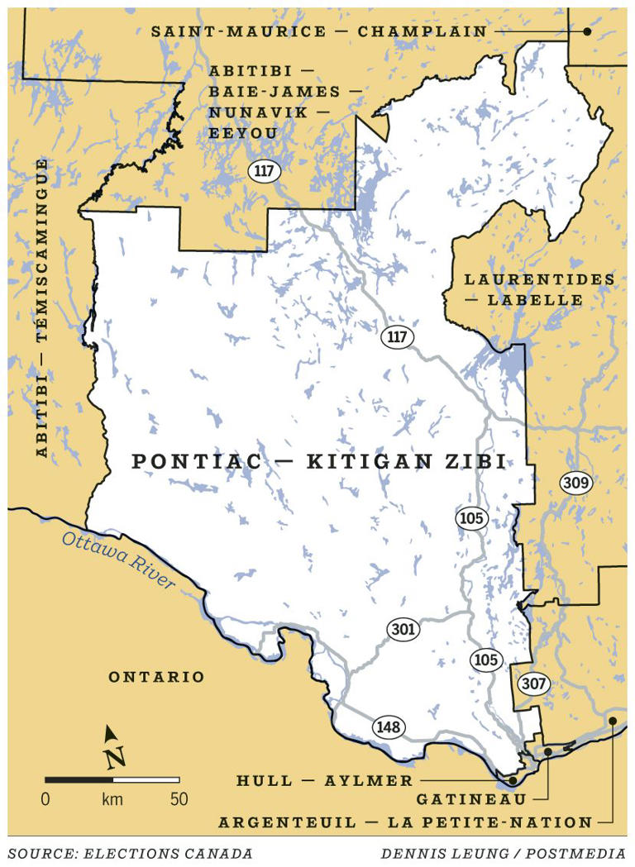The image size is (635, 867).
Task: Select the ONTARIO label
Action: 156,677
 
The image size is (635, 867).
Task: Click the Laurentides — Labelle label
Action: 539,289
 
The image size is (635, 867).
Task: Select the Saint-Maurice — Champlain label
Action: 318,31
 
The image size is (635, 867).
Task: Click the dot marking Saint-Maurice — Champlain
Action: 587,31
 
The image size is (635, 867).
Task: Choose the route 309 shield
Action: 576,483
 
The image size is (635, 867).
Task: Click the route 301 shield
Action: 403,630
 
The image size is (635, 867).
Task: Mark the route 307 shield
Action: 533,684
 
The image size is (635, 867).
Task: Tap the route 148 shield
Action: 388,727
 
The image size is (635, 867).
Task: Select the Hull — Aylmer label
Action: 324,781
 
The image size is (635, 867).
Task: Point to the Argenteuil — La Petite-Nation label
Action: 405,822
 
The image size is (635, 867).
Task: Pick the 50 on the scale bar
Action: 179,799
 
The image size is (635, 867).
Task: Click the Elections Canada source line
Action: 130,853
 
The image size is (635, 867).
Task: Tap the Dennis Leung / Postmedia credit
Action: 504,853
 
